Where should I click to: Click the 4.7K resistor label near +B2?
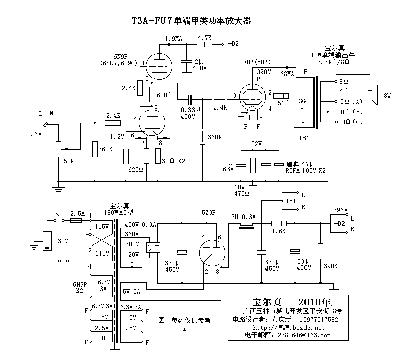[x=204, y=38]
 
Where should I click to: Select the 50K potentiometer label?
[x=69, y=161]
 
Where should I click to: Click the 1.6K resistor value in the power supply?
[x=279, y=231]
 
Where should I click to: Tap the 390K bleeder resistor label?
[x=331, y=266]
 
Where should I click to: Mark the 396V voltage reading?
[x=340, y=210]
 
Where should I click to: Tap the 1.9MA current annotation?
[x=174, y=38]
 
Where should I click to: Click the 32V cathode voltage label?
[x=257, y=144]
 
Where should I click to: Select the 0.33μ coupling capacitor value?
[x=188, y=110]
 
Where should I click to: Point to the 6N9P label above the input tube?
[x=121, y=56]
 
